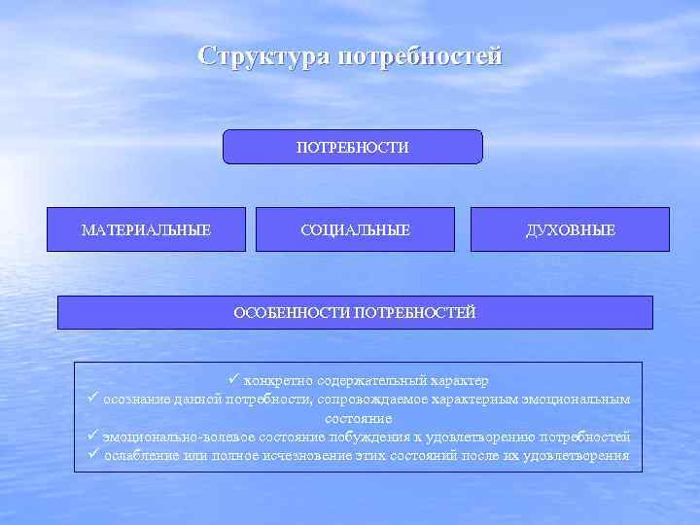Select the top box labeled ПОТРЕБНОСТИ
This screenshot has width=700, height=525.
coord(353,147)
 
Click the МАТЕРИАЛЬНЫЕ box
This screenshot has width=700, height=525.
coord(146,230)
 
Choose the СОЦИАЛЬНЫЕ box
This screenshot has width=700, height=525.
coord(355,230)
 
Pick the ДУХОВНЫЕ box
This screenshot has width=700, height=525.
coord(570,230)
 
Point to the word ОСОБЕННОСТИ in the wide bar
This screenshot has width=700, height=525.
coord(293,312)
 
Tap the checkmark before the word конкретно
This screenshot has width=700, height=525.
coord(234,379)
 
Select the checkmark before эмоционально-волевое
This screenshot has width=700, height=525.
coord(92,437)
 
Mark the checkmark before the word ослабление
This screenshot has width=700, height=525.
coord(92,455)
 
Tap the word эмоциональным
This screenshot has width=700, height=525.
coord(580,400)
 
